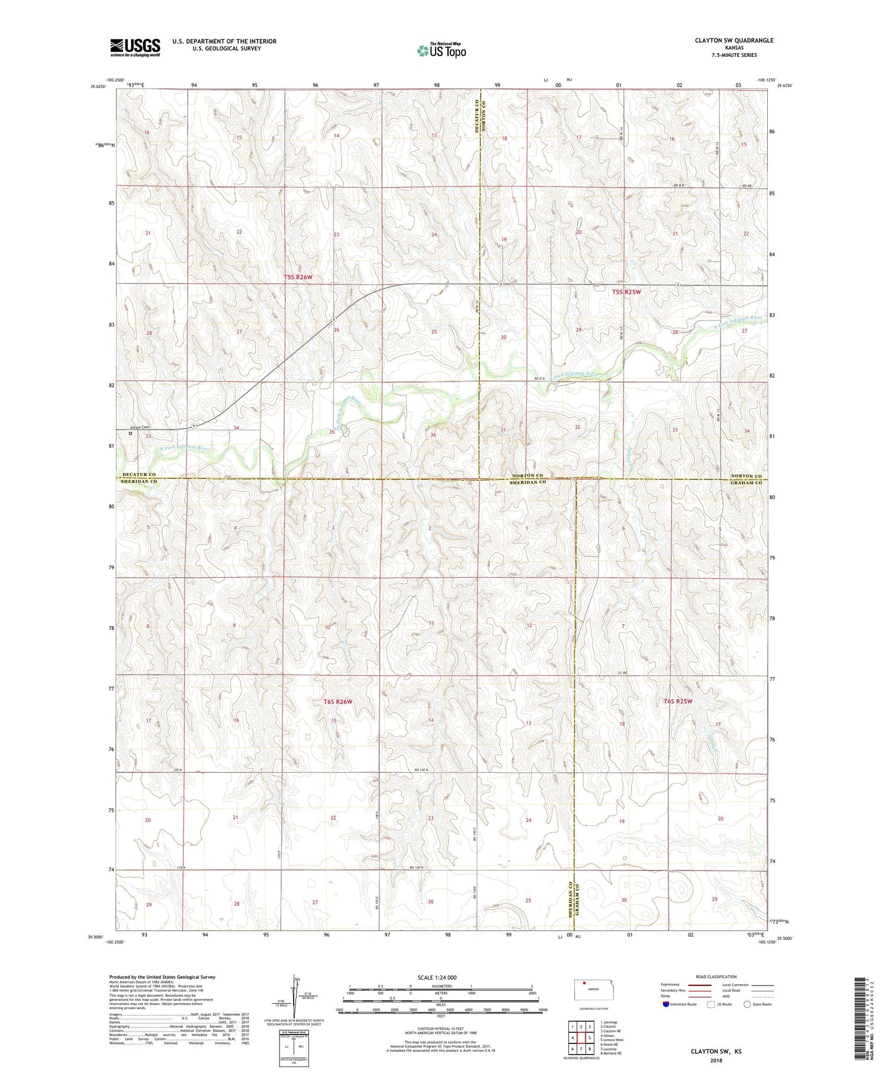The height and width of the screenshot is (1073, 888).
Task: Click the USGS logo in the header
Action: pyautogui.click(x=135, y=47)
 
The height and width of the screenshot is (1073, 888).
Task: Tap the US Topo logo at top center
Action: pyautogui.click(x=441, y=50)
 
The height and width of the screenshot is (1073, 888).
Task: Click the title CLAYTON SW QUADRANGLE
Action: pyautogui.click(x=726, y=40)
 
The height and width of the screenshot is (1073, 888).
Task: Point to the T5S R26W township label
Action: pyautogui.click(x=298, y=277)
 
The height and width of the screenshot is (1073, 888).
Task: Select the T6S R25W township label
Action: pyautogui.click(x=678, y=701)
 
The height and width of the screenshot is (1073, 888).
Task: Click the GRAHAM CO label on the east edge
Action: pyautogui.click(x=745, y=482)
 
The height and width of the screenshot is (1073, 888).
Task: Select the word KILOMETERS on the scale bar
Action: pyautogui.click(x=441, y=986)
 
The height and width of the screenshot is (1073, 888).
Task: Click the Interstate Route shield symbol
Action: pyautogui.click(x=666, y=1004)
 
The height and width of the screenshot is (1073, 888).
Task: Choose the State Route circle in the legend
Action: pyautogui.click(x=748, y=1004)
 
